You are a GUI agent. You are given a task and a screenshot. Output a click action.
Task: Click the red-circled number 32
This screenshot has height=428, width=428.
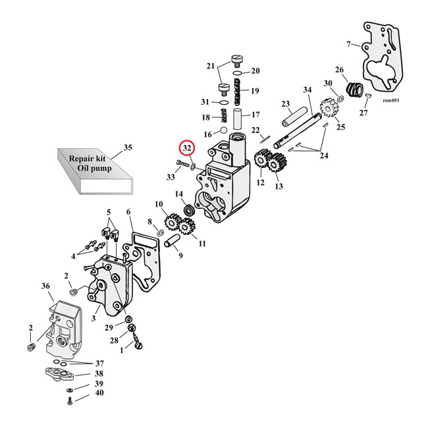click(x=188, y=148)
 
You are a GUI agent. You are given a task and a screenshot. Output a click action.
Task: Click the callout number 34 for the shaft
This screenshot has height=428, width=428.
click(x=307, y=90)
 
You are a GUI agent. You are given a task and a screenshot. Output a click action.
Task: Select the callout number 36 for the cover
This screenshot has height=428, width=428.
click(x=45, y=287)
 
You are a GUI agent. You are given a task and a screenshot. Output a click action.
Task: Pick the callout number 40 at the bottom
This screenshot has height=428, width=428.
click(x=99, y=393)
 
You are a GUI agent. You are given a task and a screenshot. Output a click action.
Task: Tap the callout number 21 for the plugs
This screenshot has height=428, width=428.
click(x=211, y=66)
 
